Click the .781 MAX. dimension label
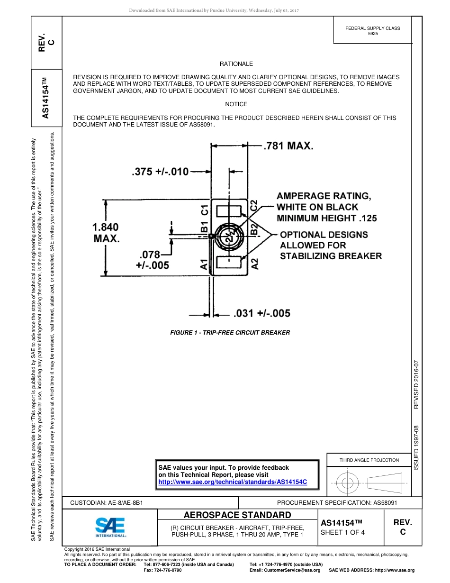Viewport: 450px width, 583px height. click(288, 146)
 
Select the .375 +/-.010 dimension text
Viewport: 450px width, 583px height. click(160, 172)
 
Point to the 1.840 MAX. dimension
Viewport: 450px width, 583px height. click(106, 233)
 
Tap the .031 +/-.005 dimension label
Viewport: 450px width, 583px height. click(261, 313)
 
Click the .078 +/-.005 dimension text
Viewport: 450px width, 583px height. click(152, 260)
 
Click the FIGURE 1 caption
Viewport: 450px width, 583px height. click(230, 333)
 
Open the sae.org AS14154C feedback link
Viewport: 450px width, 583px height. click(233, 482)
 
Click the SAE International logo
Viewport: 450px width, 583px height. click(110, 527)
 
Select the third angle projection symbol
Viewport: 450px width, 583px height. click(369, 483)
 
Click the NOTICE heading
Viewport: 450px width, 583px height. click(236, 104)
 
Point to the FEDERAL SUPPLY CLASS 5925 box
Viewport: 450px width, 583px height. click(372, 31)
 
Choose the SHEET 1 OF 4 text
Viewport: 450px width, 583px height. click(342, 532)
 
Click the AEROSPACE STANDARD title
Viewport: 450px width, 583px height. click(237, 515)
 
